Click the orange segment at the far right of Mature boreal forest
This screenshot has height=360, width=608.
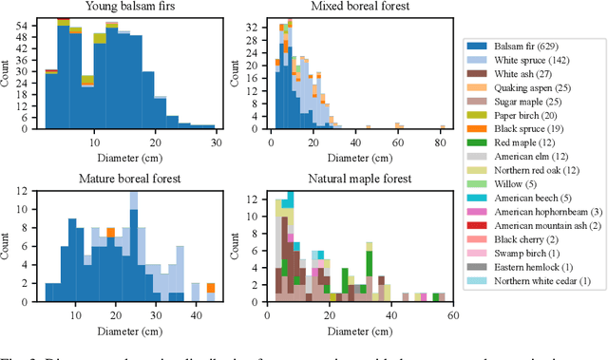[x=210, y=288]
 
